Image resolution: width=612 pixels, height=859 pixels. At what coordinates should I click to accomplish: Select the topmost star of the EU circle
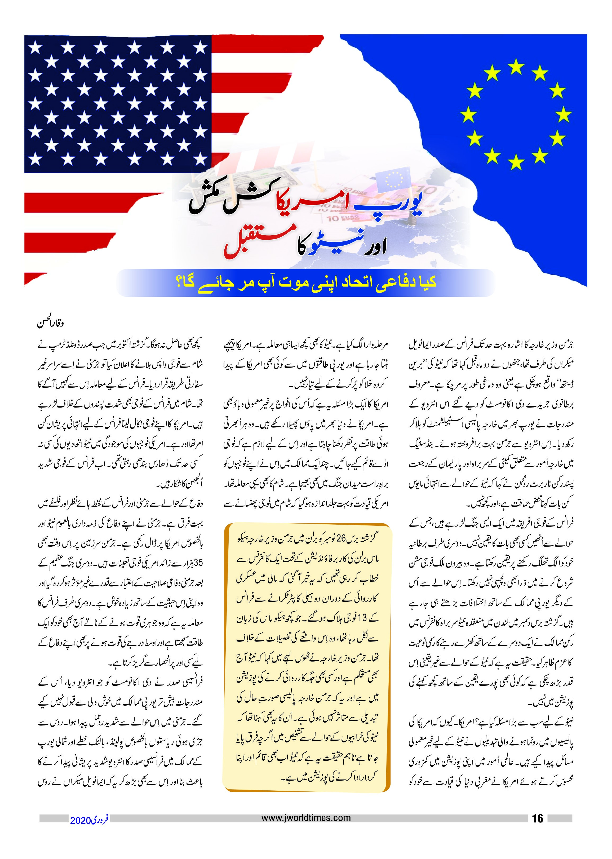click(x=516, y=67)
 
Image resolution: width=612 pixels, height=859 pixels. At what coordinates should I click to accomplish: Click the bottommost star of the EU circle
click(x=516, y=163)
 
